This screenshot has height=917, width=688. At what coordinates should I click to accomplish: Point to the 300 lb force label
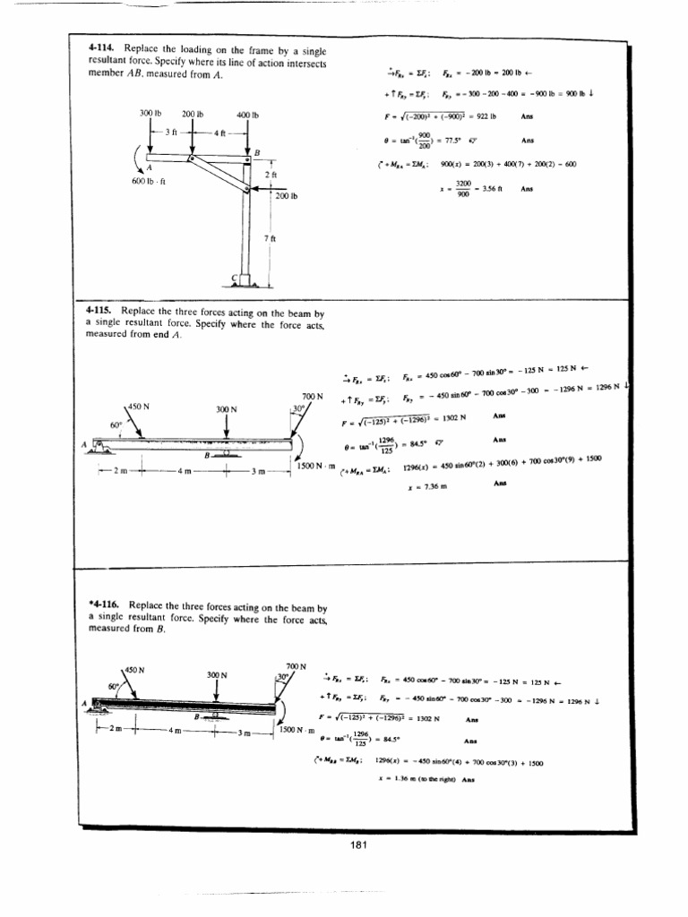150,115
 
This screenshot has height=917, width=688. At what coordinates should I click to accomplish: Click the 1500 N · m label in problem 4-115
313,465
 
